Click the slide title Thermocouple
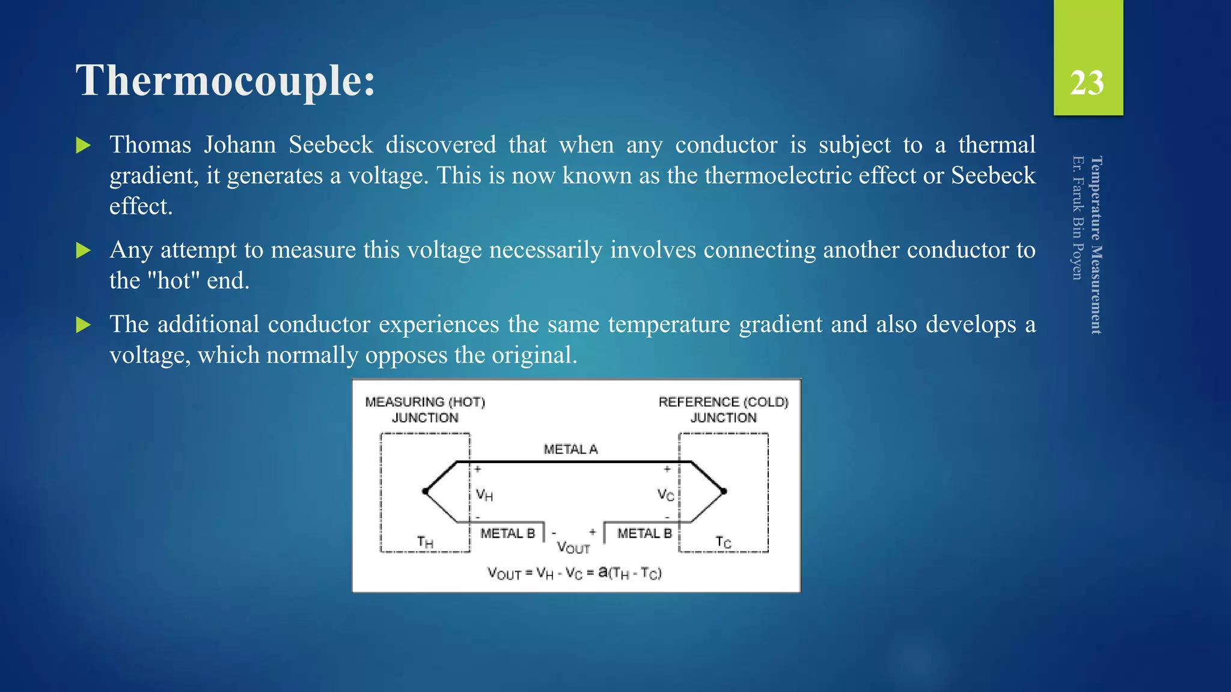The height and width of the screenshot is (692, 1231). click(x=225, y=81)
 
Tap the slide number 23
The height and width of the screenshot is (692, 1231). click(x=1087, y=83)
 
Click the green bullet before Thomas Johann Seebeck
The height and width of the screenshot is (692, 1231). click(x=84, y=145)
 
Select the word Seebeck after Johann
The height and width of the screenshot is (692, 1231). click(x=331, y=145)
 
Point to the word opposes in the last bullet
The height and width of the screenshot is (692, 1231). click(x=407, y=356)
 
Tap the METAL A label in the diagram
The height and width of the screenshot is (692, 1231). click(x=570, y=449)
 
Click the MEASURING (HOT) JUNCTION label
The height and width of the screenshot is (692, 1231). click(x=425, y=410)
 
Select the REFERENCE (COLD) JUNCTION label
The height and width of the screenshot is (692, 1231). click(x=723, y=410)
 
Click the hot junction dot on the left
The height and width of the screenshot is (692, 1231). click(x=426, y=491)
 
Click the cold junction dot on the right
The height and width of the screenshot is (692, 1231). click(x=724, y=491)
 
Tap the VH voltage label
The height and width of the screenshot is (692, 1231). click(x=484, y=495)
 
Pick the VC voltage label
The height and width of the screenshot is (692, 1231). click(x=665, y=495)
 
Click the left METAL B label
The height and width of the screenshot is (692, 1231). click(x=507, y=533)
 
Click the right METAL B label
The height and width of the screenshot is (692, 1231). click(x=644, y=533)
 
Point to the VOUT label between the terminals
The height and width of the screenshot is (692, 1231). click(x=573, y=547)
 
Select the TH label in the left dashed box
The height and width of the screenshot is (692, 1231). click(x=425, y=542)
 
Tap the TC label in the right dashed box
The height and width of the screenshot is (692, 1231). click(x=723, y=542)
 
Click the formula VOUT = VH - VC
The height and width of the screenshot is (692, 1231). click(x=574, y=573)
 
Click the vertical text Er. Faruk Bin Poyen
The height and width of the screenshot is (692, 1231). click(x=1078, y=217)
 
